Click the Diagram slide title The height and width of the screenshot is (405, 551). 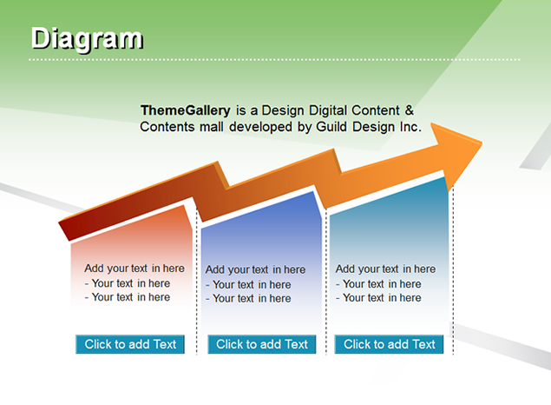click(x=87, y=40)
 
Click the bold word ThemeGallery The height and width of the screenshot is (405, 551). click(x=185, y=110)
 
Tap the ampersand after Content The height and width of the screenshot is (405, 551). click(x=409, y=110)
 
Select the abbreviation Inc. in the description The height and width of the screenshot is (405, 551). click(x=410, y=126)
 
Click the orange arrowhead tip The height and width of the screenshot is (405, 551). click(x=482, y=143)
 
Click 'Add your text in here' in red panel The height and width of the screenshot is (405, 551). click(x=134, y=269)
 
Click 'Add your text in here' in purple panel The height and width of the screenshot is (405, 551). click(x=255, y=269)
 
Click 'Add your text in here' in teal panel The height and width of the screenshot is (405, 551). click(x=385, y=269)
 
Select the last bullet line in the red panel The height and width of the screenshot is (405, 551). click(x=128, y=297)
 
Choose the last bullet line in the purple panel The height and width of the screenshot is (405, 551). click(x=248, y=298)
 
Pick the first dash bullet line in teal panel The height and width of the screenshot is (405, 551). click(x=378, y=283)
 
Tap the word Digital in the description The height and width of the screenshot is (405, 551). click(x=328, y=110)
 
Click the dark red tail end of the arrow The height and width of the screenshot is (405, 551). click(x=66, y=230)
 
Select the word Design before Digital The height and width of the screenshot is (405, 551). click(x=283, y=110)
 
